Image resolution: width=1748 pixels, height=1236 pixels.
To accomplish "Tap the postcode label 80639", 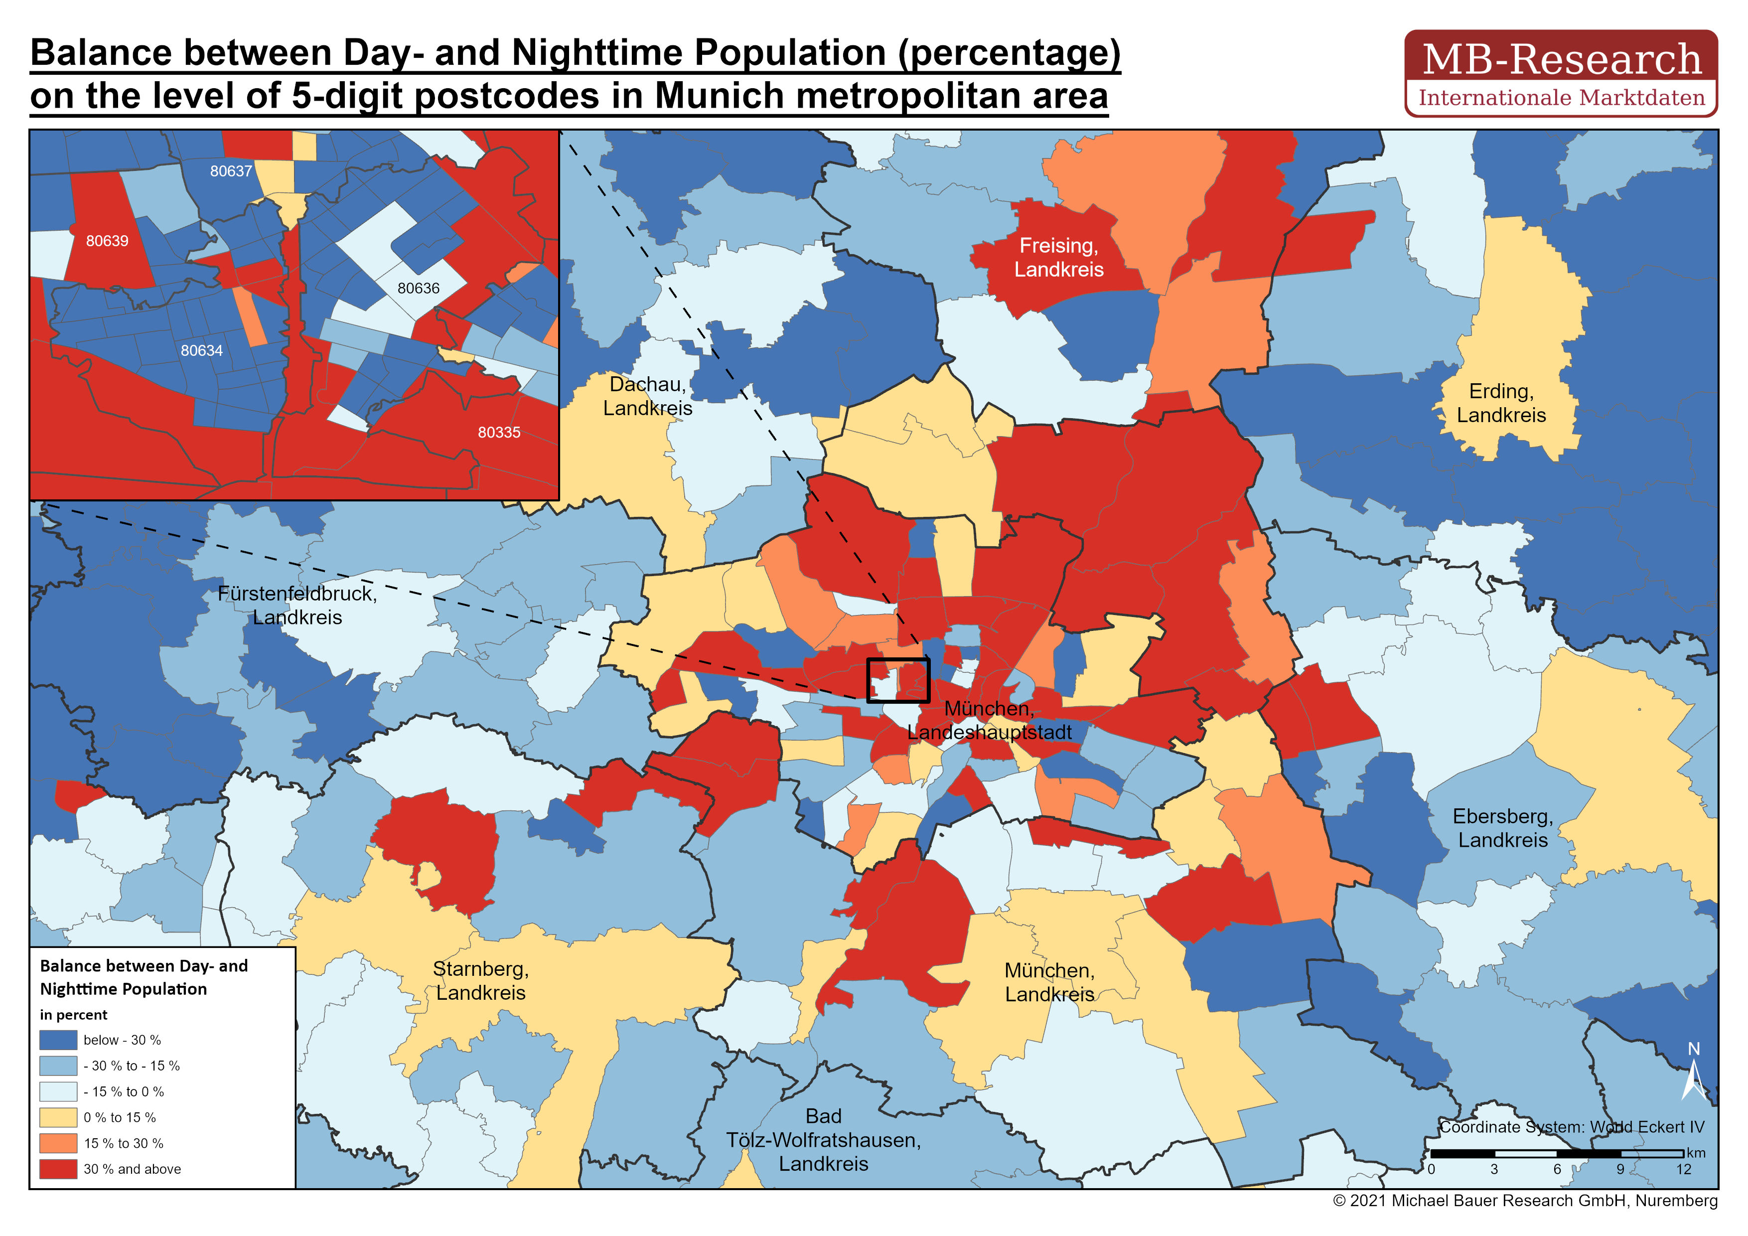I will [107, 241].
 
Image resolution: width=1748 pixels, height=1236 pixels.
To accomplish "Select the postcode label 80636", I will [418, 289].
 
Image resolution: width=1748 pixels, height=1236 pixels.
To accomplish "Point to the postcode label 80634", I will [202, 351].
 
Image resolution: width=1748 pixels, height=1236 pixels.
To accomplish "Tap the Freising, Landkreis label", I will [1058, 257].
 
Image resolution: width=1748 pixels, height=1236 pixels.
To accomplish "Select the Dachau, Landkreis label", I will [647, 396].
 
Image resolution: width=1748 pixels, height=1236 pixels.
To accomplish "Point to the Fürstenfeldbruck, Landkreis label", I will [297, 606].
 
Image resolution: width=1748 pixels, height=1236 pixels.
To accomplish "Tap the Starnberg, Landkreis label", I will [480, 980].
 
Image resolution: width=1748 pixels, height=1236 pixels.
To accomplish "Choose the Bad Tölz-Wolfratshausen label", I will [823, 1140].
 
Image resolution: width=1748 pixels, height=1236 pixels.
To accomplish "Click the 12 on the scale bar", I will [1683, 1169].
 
